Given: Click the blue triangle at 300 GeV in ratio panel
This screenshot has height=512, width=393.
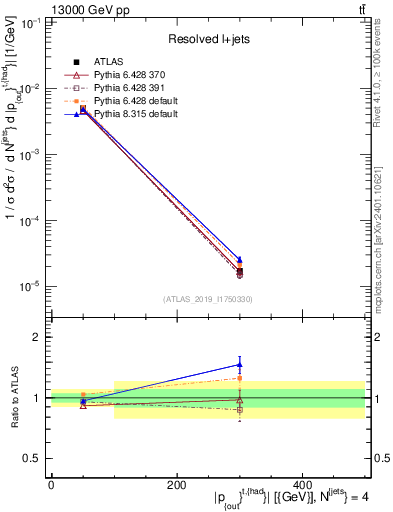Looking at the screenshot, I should click(x=239, y=364).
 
